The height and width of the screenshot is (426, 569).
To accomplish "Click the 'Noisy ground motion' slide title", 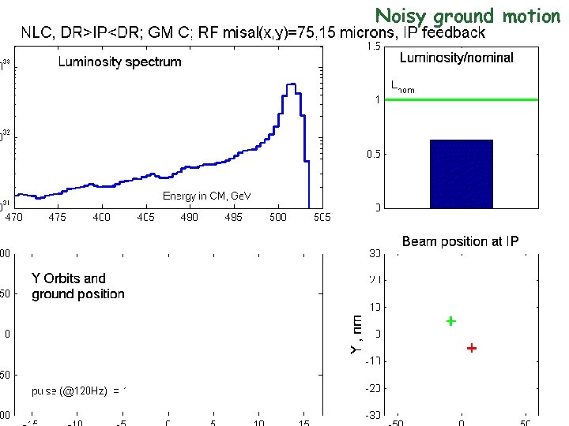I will pos(467,15).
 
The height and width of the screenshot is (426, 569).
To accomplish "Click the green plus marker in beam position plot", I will pos(450,321).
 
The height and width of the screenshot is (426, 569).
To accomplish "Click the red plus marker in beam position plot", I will pos(472,348).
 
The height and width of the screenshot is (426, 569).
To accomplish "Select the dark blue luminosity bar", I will pos(461,174).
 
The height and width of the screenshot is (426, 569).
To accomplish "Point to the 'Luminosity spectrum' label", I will pos(119,62).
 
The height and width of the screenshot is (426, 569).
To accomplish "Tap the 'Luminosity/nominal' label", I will pos(456,58).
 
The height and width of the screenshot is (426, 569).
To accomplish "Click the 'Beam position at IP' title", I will pos(460,241).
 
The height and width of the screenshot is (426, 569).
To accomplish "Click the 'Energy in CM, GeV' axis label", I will pos(205,196).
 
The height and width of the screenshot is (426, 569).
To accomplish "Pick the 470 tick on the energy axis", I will pos(15,216).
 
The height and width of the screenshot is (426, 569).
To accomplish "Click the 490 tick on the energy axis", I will pos(190,216).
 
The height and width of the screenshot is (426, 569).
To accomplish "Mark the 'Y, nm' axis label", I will pos(356,333).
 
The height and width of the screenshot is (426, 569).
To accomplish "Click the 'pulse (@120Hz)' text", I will pos(79,390).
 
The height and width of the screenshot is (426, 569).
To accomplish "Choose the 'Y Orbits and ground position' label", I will pos(77,286).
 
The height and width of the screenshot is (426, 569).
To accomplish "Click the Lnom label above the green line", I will pos(402,88).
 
